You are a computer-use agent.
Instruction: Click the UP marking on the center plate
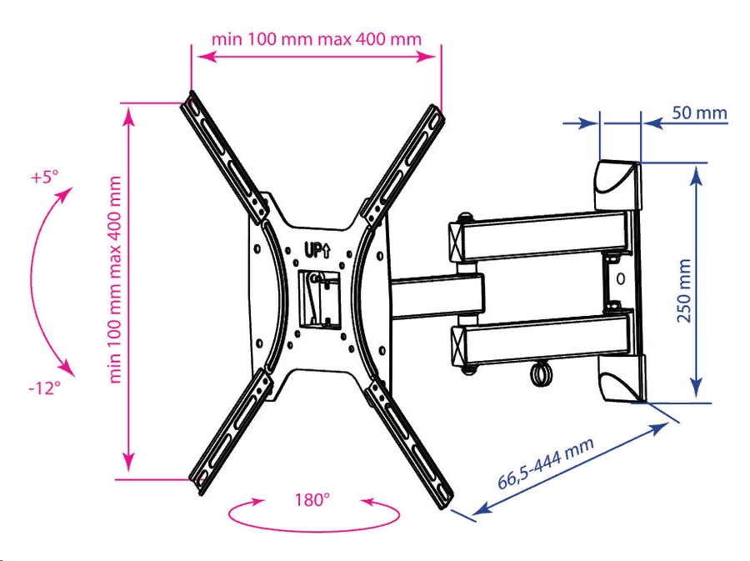click(317, 250)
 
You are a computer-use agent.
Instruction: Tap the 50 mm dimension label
click(699, 113)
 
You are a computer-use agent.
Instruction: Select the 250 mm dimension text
click(684, 291)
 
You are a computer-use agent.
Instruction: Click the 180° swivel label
click(312, 500)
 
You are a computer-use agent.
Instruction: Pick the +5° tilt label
click(44, 177)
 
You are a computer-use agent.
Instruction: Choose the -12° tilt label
click(44, 388)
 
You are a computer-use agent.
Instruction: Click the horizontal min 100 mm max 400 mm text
click(316, 38)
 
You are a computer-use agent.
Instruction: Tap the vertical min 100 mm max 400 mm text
click(115, 280)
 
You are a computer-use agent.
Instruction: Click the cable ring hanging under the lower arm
click(541, 373)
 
